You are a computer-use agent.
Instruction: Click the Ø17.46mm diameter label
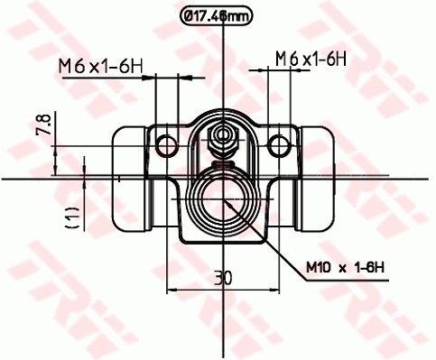coord(217,14)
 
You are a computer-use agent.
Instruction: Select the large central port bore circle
coord(222,201)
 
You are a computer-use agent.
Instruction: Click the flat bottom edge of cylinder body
coord(222,242)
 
